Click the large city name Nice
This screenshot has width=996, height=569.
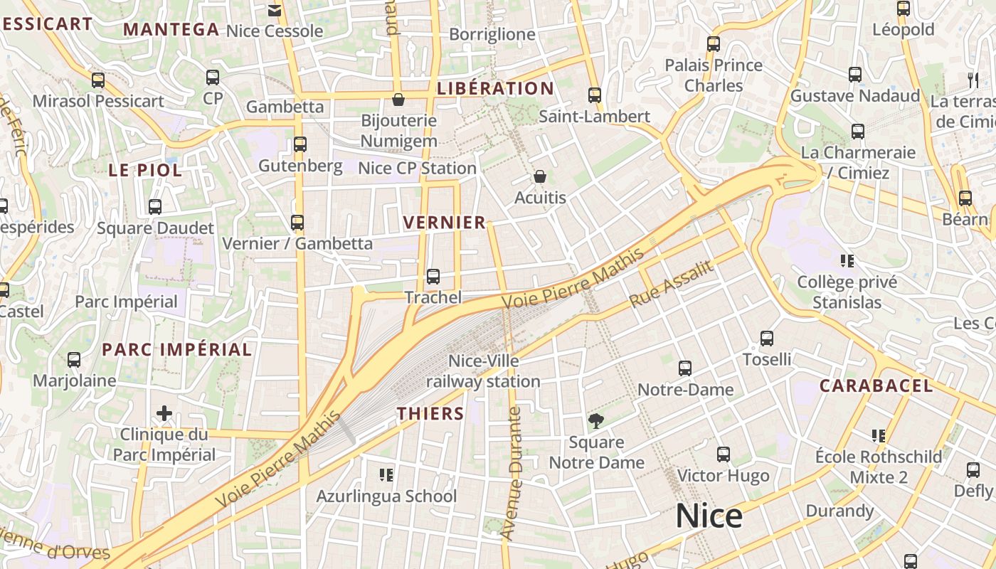pos(709,516)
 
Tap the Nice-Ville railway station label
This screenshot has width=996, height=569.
pos(483,371)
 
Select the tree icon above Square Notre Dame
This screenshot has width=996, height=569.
pos(596,421)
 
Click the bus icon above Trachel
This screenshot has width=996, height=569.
pos(433,277)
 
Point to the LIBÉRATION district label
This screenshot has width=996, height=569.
pos(495,89)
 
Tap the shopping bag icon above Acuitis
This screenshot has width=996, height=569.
pos(540,176)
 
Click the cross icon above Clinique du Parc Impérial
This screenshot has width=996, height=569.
pos(164,413)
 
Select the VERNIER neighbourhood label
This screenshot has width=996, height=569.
pos(445,223)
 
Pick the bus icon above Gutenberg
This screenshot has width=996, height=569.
pos(300,144)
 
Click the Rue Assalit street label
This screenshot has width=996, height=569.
pos(671,284)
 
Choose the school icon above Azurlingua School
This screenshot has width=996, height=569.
pos(386,474)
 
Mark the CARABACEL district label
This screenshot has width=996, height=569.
pos(876,386)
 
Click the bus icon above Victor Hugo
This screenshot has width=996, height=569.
pos(724,454)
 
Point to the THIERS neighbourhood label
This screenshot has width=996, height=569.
pos(430,413)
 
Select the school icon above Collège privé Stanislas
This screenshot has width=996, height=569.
pos(847,260)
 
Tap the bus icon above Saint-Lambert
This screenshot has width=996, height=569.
pos(595,95)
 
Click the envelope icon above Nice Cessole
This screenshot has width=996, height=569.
pos(274,10)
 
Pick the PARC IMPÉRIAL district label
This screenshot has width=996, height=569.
pos(176,350)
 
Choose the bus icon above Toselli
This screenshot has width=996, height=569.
pos(767,339)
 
